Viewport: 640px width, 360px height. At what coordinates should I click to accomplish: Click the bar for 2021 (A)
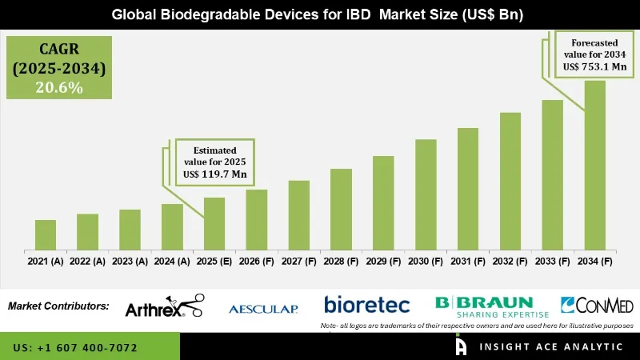pos(46,234)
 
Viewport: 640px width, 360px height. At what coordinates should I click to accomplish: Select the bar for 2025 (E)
pos(214,223)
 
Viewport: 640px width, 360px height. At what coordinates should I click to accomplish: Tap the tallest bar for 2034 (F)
pos(594,165)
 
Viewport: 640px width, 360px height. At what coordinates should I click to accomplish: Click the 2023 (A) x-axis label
pos(130,261)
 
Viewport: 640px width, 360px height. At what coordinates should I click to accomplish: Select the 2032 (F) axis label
pos(510,261)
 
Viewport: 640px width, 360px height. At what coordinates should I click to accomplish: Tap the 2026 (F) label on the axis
pos(256,261)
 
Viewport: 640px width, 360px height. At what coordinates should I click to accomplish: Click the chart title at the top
pos(319,14)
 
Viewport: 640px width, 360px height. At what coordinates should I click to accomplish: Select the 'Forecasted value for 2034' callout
pos(595,54)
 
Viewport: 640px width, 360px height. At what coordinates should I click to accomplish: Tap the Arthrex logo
pos(164,307)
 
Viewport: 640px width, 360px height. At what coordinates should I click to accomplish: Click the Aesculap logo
pos(263,309)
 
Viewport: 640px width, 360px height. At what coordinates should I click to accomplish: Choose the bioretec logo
pos(366,305)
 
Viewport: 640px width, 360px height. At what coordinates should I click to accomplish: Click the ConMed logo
pos(596,306)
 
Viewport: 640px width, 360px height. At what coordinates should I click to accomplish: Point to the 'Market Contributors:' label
pos(58,306)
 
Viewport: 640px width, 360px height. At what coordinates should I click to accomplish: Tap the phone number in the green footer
pos(75,348)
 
